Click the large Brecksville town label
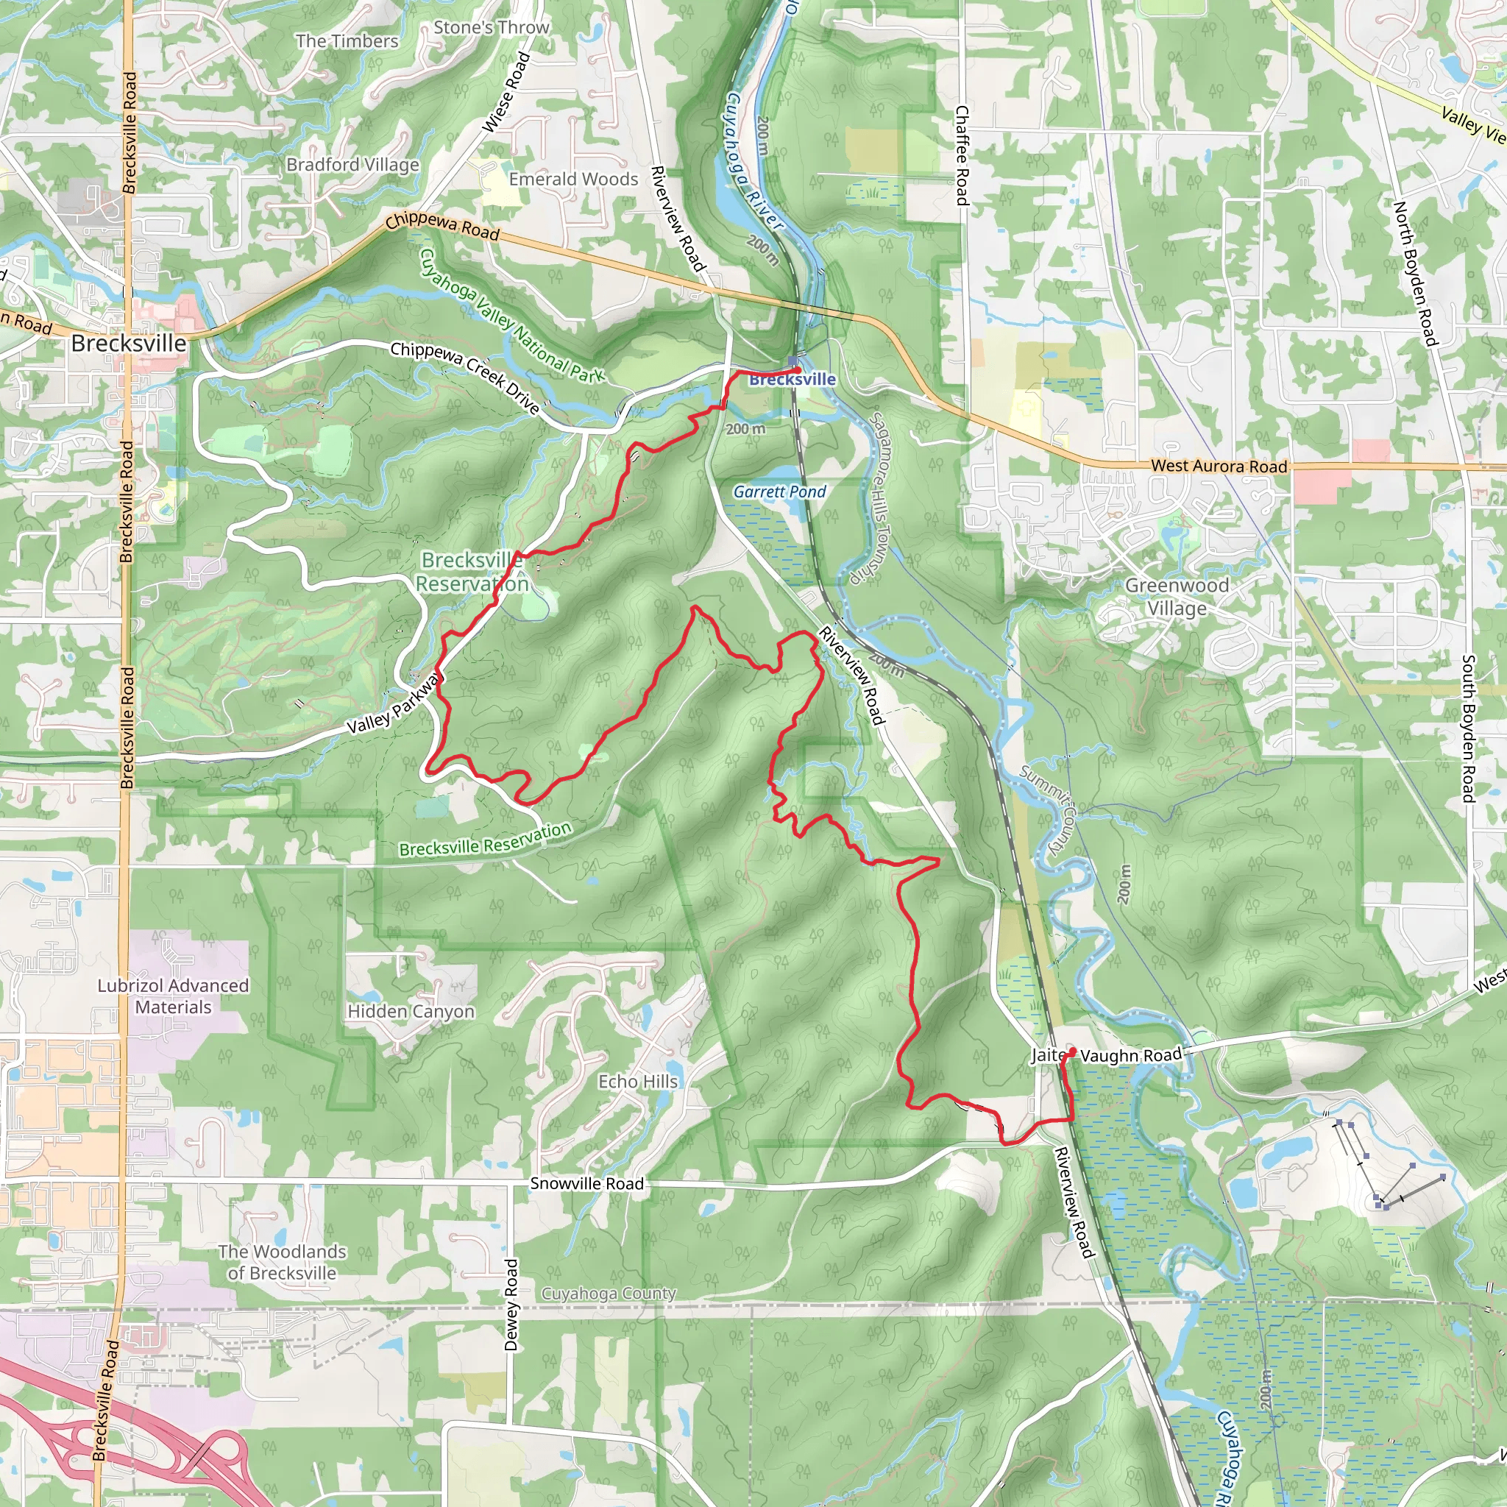click(x=129, y=343)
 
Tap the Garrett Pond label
click(x=779, y=492)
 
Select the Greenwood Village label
click(x=1177, y=597)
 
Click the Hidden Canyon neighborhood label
click(x=411, y=1012)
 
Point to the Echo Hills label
click(x=637, y=1082)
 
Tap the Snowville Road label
click(x=586, y=1183)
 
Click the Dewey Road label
click(x=511, y=1304)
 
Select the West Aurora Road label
click(x=1219, y=466)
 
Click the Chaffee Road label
click(x=962, y=156)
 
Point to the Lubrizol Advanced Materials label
click(x=173, y=996)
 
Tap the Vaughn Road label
click(x=1130, y=1055)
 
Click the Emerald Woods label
click(x=573, y=180)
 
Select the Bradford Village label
click(x=352, y=165)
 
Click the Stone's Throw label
click(x=492, y=27)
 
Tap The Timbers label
click(x=347, y=41)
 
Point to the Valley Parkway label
click(x=393, y=706)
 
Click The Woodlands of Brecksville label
click(x=282, y=1262)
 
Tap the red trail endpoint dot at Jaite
click(x=1073, y=1052)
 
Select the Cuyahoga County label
click(x=609, y=1294)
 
